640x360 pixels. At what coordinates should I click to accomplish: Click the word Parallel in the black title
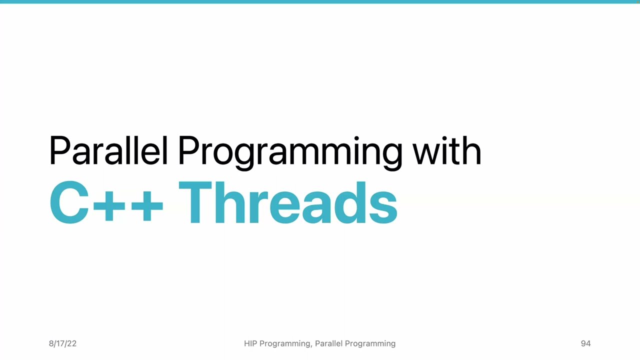[108, 150]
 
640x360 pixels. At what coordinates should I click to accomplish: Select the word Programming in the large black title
[290, 151]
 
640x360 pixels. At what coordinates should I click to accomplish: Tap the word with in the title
[446, 150]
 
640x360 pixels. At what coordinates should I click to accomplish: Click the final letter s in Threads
[385, 207]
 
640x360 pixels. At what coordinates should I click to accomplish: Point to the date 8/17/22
[62, 343]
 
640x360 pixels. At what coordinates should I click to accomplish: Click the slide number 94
[585, 343]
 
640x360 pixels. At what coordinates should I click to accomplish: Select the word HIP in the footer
[250, 343]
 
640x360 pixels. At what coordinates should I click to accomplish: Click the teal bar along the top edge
[320, 1]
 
